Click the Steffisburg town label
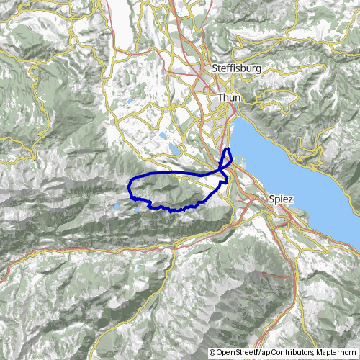(236, 68)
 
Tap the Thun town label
(228, 95)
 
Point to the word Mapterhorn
(336, 353)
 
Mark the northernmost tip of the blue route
(228, 148)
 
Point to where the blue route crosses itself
(222, 170)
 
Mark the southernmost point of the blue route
(173, 210)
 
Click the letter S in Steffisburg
(215, 68)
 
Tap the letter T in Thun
(220, 95)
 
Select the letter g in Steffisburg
(258, 69)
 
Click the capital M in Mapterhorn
(317, 353)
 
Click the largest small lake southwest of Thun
(175, 150)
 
